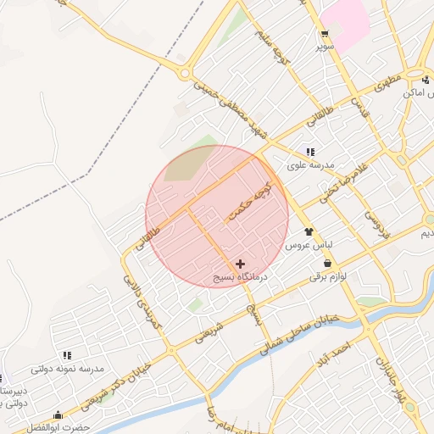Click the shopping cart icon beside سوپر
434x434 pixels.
(324, 35)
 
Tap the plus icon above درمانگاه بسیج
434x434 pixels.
(241, 264)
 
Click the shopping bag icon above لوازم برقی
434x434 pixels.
(327, 264)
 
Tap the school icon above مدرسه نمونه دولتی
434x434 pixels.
(67, 355)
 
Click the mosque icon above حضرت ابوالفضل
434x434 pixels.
(58, 415)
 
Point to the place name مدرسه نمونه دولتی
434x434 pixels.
(67, 369)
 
